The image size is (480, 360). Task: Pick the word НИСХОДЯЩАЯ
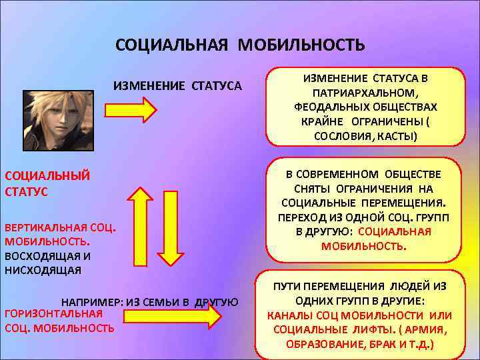pyautogui.click(x=43, y=269)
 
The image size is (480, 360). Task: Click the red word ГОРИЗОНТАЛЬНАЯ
pyautogui.click(x=53, y=313)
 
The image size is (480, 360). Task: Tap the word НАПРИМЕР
pyautogui.click(x=90, y=301)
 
